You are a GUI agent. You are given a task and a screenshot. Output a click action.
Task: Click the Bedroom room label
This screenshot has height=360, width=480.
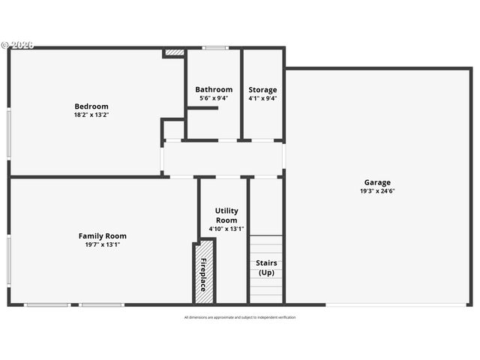point(91,106)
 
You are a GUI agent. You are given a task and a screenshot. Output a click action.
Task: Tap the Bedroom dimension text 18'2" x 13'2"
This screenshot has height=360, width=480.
point(91,115)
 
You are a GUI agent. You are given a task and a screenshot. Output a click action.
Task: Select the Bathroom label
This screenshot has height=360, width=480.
point(214,89)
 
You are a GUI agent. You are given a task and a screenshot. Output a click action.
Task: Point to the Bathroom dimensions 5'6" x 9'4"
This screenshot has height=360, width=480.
point(214,97)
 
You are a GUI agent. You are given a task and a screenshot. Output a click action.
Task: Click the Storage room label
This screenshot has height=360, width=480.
point(262,89)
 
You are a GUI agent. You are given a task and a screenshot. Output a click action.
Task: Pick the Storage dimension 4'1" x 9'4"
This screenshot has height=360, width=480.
point(262,97)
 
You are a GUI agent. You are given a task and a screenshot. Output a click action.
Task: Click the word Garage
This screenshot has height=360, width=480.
point(377,182)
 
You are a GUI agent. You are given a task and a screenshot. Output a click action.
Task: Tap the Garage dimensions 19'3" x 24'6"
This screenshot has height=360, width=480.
point(377,190)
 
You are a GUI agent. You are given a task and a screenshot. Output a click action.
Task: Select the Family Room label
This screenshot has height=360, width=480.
point(102,235)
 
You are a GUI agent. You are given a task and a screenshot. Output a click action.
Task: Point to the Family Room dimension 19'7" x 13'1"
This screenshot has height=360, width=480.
point(102,244)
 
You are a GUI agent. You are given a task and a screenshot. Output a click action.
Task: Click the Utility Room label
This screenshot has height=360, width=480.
point(226,215)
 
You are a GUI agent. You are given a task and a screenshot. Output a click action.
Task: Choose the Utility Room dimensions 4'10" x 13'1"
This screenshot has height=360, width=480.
point(226,229)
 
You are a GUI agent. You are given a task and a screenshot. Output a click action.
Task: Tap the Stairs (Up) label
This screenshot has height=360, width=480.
point(266,268)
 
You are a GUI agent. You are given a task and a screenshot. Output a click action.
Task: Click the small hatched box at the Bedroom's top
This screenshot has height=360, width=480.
point(174,52)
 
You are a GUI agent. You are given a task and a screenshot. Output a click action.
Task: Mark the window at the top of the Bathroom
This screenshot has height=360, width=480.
point(215,49)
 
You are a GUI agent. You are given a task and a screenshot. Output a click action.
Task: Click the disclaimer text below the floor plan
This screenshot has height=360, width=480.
point(240,317)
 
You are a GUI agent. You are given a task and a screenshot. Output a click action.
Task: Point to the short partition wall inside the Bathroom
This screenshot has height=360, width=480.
point(202,109)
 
